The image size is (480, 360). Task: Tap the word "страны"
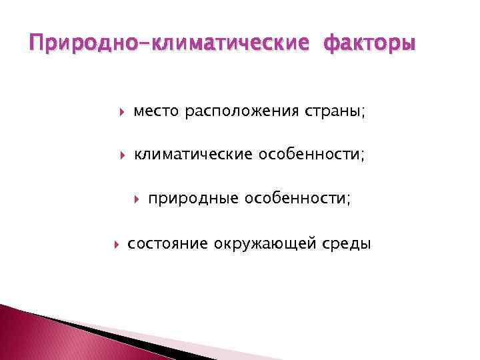336,111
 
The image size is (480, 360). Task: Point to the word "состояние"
167,243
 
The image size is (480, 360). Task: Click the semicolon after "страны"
363,113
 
